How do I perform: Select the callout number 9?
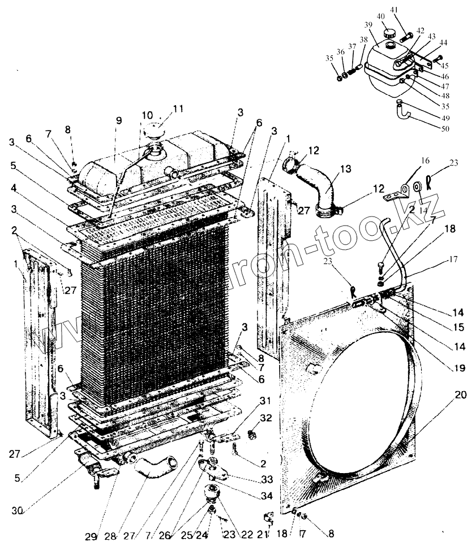point(118,120)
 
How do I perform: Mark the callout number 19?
point(458,368)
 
